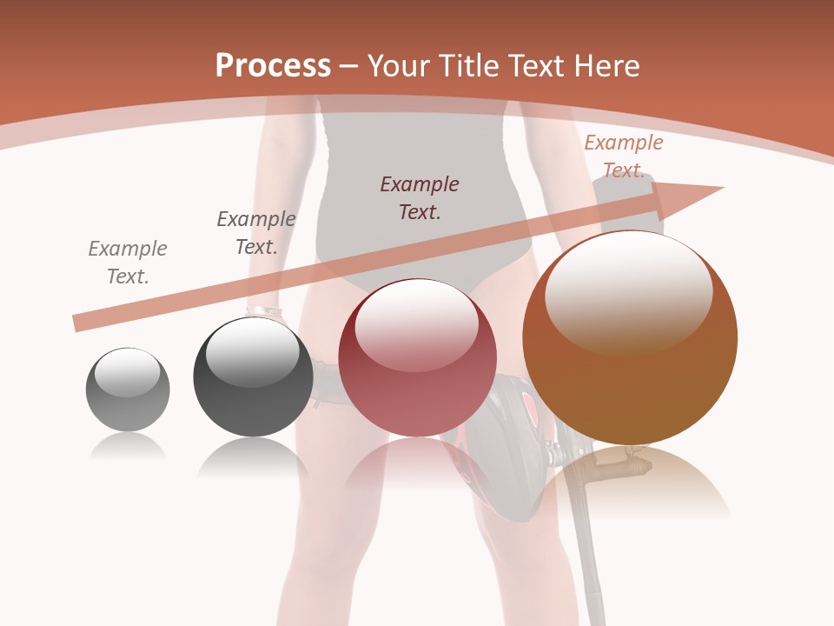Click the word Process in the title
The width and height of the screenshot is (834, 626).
click(273, 66)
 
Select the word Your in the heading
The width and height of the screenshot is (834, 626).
click(396, 66)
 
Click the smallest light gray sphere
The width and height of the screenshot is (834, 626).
click(128, 390)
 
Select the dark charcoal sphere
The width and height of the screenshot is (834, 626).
click(253, 376)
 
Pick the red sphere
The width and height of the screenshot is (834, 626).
click(417, 358)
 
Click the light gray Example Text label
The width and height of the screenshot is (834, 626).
click(128, 263)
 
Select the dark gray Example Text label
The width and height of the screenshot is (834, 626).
click(256, 233)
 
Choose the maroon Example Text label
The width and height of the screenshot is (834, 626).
click(420, 197)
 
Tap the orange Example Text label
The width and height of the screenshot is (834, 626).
click(624, 156)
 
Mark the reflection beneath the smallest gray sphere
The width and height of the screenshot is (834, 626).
click(128, 447)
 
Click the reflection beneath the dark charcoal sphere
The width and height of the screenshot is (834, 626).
click(253, 456)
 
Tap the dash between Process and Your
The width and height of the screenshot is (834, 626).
click(348, 66)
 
